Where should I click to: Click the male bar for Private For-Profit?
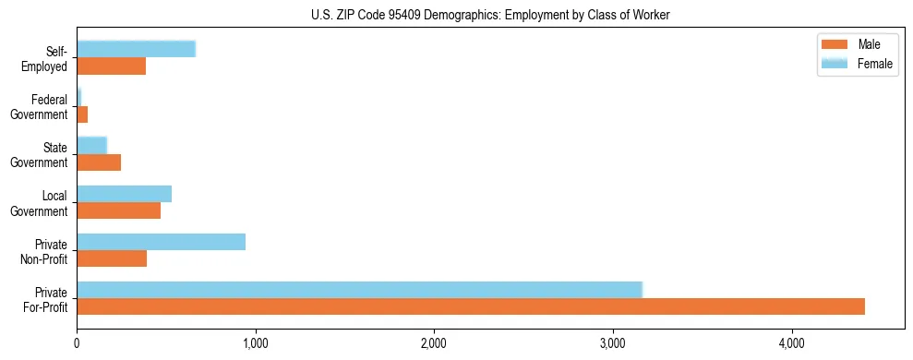[x=471, y=306]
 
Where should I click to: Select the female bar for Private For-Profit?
[x=359, y=290]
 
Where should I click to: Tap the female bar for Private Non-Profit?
[x=161, y=242]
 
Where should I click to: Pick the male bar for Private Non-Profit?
[x=112, y=258]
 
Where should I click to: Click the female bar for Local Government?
[x=124, y=194]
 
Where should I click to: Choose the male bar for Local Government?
[x=118, y=210]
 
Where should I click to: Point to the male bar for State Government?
[x=99, y=162]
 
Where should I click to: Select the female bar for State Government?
[x=91, y=146]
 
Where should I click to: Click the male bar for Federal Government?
[x=82, y=114]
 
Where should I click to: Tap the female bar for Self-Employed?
[x=136, y=49]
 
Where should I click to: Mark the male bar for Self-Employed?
[x=111, y=66]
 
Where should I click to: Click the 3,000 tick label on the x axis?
[x=612, y=344]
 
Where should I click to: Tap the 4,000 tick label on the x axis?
[x=791, y=344]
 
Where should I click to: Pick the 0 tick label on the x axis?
[x=77, y=344]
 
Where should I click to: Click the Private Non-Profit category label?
[x=48, y=251]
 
